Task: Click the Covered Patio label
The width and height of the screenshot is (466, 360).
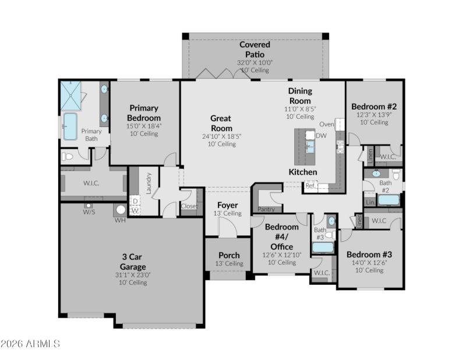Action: (x=255, y=50)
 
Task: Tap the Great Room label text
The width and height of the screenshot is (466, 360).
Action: (x=221, y=123)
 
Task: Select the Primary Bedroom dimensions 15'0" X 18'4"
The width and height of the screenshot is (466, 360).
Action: (x=144, y=126)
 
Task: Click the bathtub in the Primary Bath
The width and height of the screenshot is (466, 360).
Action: (x=70, y=126)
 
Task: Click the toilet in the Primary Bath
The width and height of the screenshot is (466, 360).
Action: (x=68, y=156)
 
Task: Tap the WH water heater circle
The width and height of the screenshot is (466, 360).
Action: (x=121, y=210)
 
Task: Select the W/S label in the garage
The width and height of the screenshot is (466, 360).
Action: (x=89, y=212)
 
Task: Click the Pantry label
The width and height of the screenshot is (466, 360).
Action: (x=266, y=209)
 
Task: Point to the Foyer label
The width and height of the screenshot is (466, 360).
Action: (x=227, y=205)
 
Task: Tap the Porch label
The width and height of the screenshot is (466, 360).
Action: (x=229, y=255)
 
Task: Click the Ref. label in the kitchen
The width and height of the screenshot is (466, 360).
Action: (x=310, y=186)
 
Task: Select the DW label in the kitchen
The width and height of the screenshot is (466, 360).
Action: (x=321, y=135)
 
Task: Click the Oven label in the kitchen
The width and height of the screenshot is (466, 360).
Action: (x=326, y=124)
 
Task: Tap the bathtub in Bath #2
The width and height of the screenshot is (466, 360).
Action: (x=389, y=200)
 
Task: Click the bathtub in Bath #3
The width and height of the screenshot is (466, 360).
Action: (x=323, y=247)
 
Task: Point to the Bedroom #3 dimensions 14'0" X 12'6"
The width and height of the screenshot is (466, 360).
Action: (x=369, y=263)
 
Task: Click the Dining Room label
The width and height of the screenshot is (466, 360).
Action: (x=300, y=96)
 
